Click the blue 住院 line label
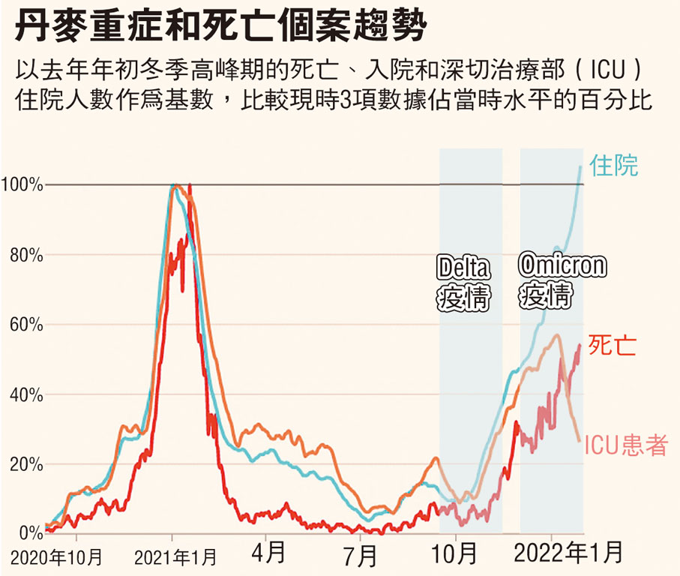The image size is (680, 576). (x=614, y=166)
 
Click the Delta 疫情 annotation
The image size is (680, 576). (x=463, y=284)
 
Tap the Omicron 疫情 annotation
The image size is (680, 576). (x=552, y=283)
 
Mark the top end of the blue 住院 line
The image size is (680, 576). (x=580, y=166)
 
